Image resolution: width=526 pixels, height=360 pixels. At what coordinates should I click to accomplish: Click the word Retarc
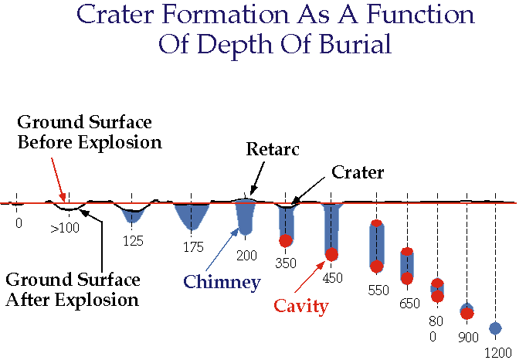pyautogui.click(x=273, y=149)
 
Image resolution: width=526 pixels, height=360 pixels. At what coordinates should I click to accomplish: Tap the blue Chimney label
pyautogui.click(x=222, y=282)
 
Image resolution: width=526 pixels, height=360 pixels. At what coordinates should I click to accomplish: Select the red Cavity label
pyautogui.click(x=301, y=306)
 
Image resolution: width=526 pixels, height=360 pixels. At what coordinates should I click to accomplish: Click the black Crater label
pyautogui.click(x=358, y=172)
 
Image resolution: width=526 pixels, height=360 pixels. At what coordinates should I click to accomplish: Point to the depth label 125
pyautogui.click(x=133, y=241)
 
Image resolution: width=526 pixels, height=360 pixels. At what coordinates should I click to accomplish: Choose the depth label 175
pyautogui.click(x=194, y=247)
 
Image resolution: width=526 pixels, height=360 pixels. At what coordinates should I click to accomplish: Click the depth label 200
pyautogui.click(x=246, y=256)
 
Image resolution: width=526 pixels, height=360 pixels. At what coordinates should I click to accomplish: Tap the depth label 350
pyautogui.click(x=286, y=263)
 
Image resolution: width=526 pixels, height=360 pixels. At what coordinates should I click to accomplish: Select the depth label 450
pyautogui.click(x=332, y=278)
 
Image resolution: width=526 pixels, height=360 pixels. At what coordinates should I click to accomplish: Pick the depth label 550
pyautogui.click(x=378, y=290)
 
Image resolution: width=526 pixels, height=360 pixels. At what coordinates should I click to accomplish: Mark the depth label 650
pyautogui.click(x=409, y=304)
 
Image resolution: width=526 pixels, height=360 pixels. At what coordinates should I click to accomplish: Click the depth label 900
pyautogui.click(x=468, y=337)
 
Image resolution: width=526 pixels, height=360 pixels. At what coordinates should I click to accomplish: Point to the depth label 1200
pyautogui.click(x=498, y=353)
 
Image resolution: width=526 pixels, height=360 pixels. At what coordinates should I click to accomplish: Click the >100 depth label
pyautogui.click(x=65, y=228)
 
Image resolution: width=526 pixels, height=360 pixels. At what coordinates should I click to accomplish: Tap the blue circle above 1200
pyautogui.click(x=495, y=328)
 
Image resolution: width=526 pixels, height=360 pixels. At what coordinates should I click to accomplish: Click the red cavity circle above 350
pyautogui.click(x=286, y=240)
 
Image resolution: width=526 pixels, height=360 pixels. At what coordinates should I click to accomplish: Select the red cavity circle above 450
pyautogui.click(x=331, y=254)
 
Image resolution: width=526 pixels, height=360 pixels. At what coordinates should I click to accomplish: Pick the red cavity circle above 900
pyautogui.click(x=467, y=314)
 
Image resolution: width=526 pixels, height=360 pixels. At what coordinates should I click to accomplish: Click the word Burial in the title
pyautogui.click(x=355, y=44)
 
